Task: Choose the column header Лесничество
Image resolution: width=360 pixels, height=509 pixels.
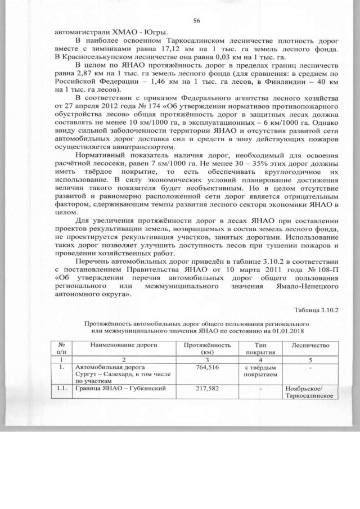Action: (307, 344)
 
